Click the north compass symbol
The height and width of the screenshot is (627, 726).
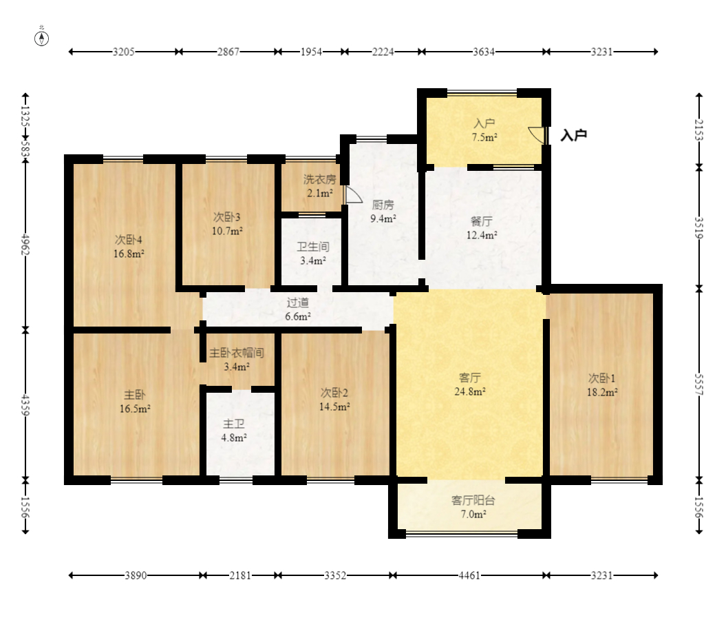[42, 38]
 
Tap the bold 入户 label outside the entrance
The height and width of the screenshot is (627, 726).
[574, 135]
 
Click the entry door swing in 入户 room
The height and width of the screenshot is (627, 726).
[537, 135]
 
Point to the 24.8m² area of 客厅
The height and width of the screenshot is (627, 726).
[469, 392]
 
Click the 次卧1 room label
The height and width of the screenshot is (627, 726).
[601, 378]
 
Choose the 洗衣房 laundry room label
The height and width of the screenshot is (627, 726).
[319, 179]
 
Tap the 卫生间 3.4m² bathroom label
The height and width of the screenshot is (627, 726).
[313, 254]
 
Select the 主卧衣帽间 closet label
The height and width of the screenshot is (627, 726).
[237, 353]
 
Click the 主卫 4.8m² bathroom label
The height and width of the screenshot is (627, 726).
[234, 431]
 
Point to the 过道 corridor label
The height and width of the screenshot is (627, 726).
[298, 303]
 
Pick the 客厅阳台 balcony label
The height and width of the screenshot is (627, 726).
[473, 500]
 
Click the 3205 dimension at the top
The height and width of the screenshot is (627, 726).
[124, 52]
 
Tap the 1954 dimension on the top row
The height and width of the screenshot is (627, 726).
[311, 52]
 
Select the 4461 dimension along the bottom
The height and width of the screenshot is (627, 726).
[469, 575]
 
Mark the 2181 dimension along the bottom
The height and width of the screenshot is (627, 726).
[240, 575]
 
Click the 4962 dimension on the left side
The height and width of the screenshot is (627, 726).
[25, 245]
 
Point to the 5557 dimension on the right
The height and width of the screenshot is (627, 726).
[699, 384]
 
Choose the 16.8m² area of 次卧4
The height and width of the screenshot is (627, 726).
[129, 254]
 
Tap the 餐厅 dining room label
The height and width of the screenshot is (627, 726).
[482, 221]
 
